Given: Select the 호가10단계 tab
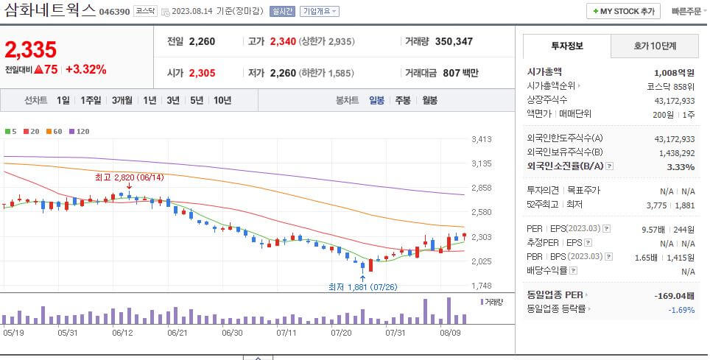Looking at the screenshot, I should tap(655, 46).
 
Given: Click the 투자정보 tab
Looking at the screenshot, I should tap(566, 46).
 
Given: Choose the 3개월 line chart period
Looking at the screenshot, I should tap(122, 100).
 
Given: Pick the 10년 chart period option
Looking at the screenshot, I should tap(222, 100).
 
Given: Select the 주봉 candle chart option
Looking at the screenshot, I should tap(403, 100).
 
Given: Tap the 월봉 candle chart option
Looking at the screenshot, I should tap(429, 100).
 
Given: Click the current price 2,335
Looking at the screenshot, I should tap(30, 50).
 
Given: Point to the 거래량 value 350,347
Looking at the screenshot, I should tap(454, 41).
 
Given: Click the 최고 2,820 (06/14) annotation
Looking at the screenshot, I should tap(129, 177).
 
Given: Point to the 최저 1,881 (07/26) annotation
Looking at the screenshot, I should tap(362, 286).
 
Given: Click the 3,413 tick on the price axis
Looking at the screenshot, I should tap(481, 139).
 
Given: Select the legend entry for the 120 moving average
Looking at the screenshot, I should tap(78, 131).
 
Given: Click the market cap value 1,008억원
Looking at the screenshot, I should tap(674, 73).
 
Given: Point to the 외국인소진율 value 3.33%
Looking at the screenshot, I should tap(680, 167).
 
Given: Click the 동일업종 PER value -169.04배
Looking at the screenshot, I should tap(673, 295).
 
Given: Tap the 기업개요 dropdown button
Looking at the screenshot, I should tap(320, 11).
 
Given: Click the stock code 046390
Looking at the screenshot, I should tap(114, 12).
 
